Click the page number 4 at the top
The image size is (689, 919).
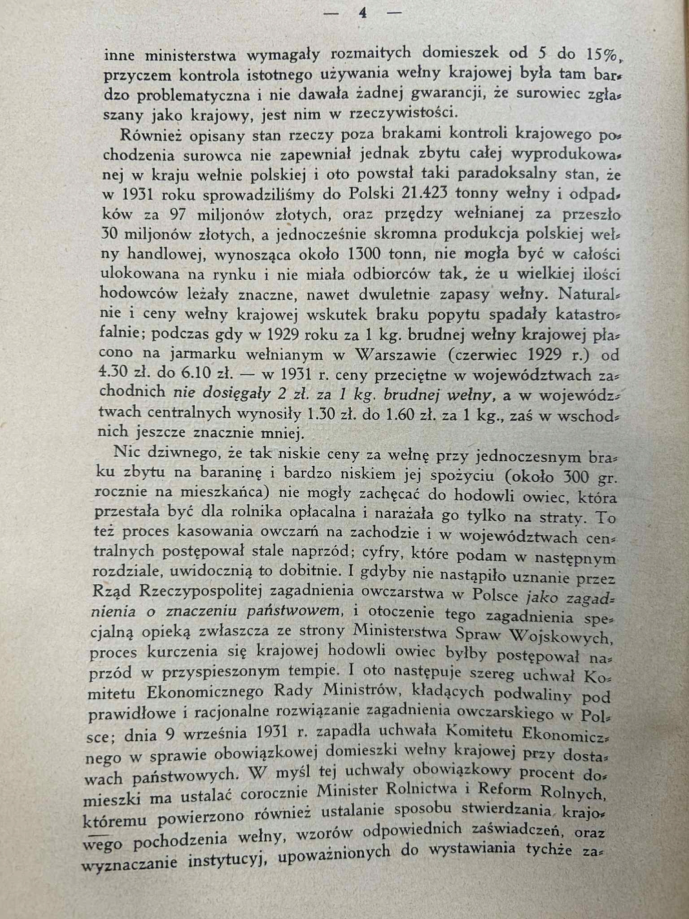(x=363, y=14)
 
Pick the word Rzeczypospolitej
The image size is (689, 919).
(x=201, y=593)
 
